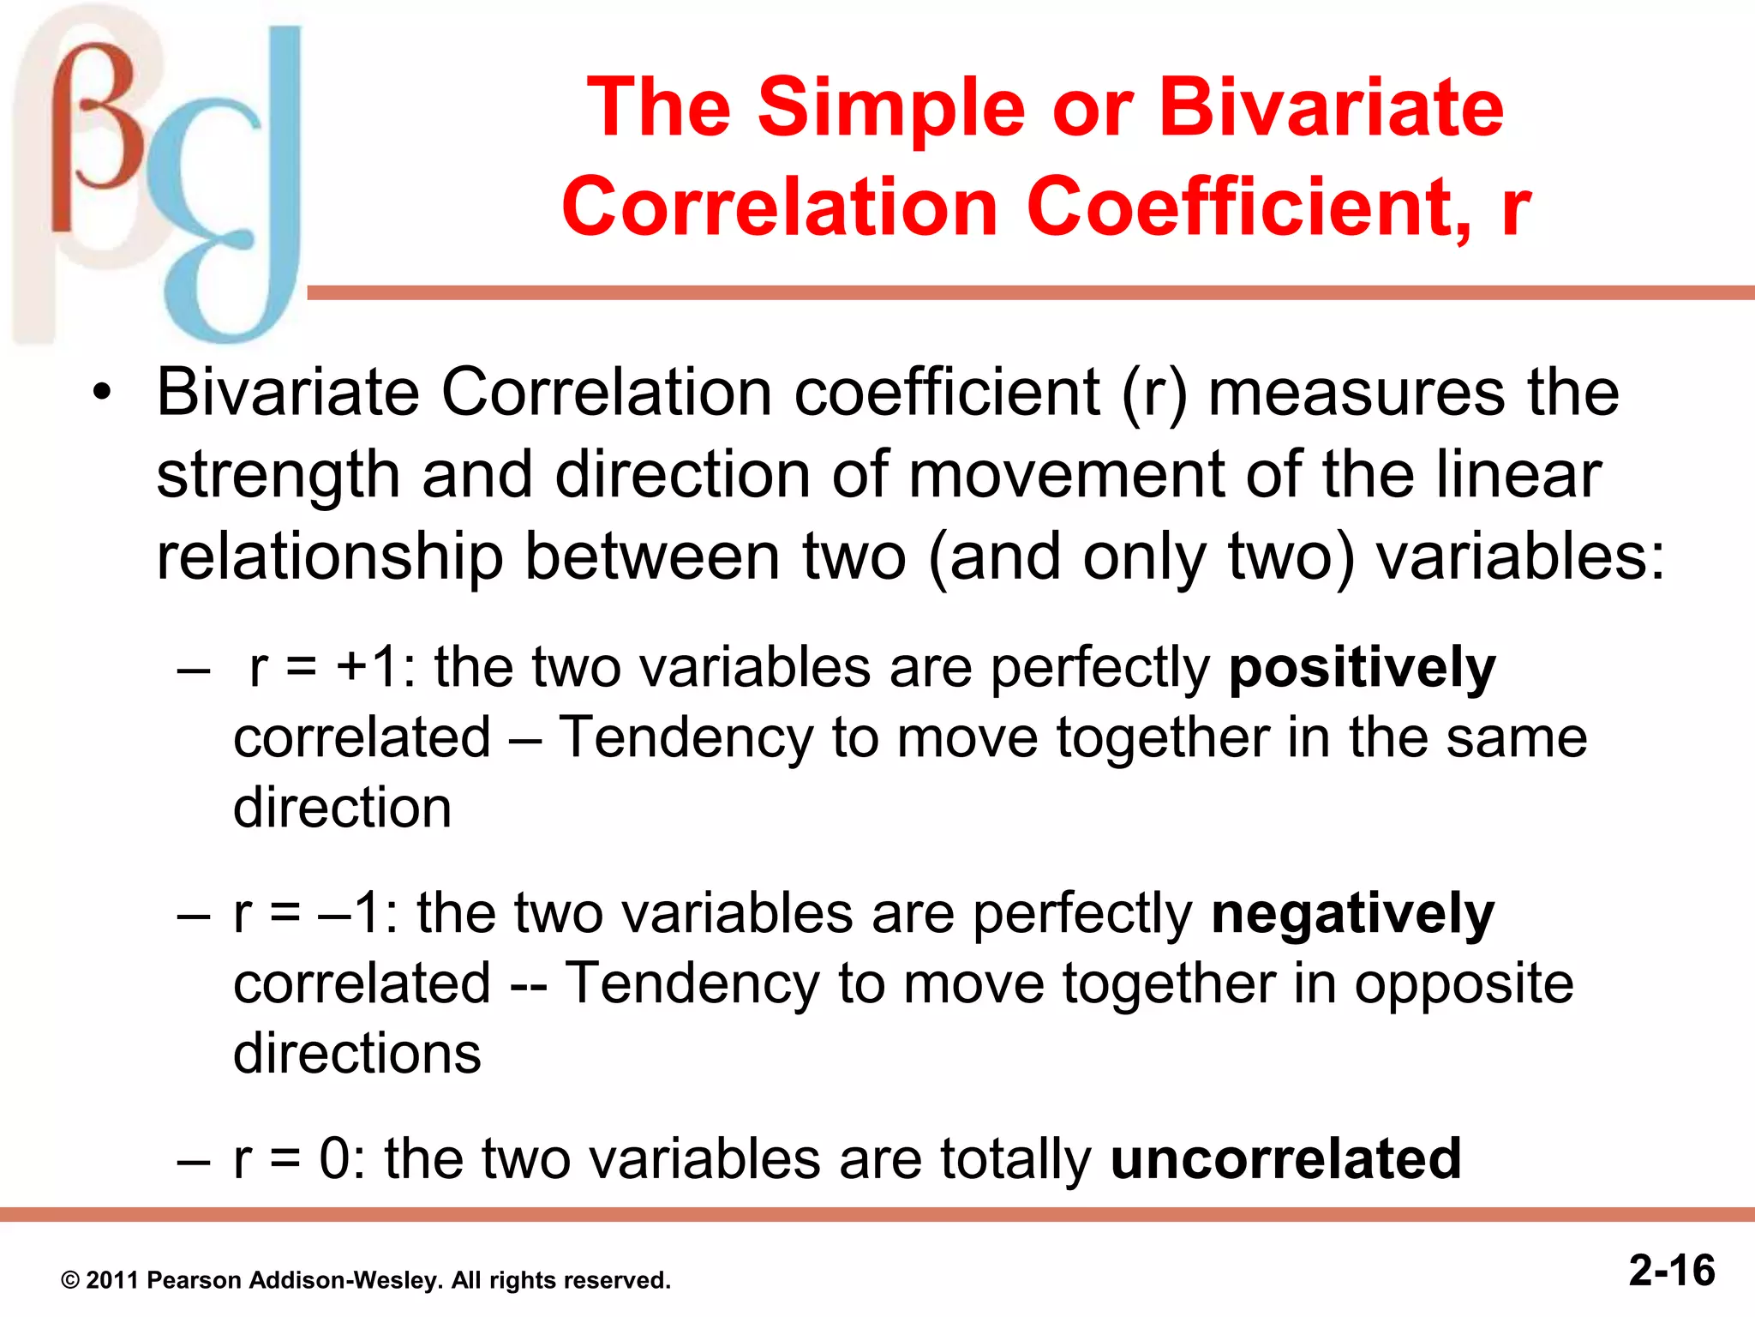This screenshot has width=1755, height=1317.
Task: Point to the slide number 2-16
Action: tap(1672, 1270)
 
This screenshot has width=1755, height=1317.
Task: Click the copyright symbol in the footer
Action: tap(70, 1281)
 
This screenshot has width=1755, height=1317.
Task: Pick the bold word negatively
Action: tap(1353, 914)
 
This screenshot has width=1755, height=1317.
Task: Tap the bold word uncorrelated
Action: tap(1285, 1159)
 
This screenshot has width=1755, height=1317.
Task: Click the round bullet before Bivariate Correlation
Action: tap(103, 394)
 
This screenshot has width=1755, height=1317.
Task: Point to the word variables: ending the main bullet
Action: tap(1521, 557)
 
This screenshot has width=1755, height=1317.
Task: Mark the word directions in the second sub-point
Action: tap(357, 1054)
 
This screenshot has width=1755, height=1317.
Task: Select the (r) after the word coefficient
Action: tap(1154, 394)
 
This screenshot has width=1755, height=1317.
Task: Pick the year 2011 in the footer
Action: tap(113, 1281)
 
